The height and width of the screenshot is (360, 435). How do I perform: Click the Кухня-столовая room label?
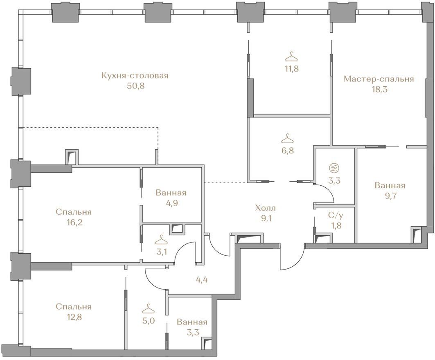coord(135,76)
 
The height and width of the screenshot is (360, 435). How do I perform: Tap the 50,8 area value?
coord(136,85)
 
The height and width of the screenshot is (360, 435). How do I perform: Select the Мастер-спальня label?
coord(379,79)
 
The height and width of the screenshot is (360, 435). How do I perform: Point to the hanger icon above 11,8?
coord(292,56)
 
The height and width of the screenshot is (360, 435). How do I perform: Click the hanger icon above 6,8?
coord(287,138)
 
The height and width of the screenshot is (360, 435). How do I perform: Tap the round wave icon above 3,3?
coord(334,168)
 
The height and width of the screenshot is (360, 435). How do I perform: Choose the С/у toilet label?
coord(334,215)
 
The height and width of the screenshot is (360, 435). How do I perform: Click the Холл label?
coord(266,208)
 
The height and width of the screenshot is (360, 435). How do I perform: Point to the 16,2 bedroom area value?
coord(74,223)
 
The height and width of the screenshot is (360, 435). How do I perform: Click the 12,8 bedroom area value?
coord(74,317)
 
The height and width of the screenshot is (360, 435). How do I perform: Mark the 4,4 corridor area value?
coord(202,279)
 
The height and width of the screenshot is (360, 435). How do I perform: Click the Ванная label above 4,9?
coord(171,193)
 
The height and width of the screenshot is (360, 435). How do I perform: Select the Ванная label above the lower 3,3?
coord(192,322)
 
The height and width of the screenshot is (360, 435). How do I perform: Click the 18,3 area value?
coord(379,89)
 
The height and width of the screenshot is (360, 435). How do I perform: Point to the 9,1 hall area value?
coord(266,218)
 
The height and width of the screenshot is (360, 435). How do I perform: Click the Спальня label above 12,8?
coord(74,307)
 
